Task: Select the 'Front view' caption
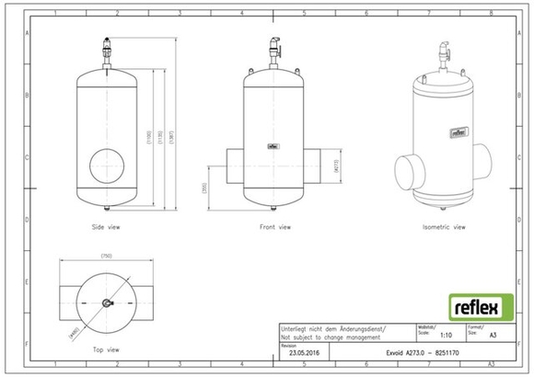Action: (x=274, y=226)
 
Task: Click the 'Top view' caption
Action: (x=106, y=349)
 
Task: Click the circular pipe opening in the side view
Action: (x=110, y=166)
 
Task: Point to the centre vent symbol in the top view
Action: (x=106, y=303)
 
